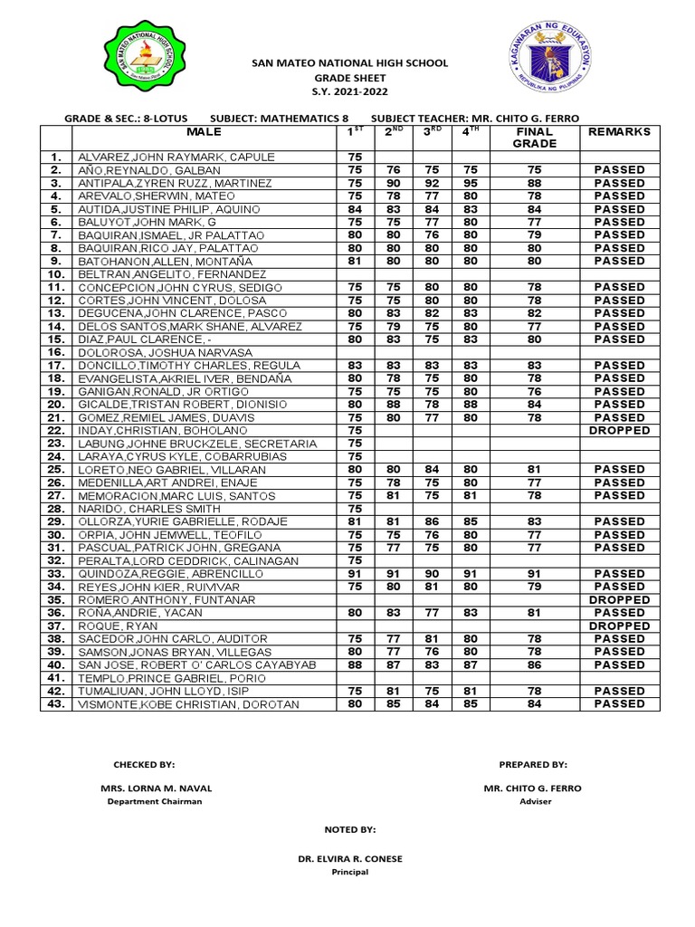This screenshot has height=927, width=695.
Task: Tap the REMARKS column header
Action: (620, 132)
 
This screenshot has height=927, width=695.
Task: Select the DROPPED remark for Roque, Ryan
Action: (620, 626)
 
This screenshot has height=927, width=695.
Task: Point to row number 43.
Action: (55, 704)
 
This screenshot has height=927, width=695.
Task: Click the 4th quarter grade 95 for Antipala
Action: (470, 183)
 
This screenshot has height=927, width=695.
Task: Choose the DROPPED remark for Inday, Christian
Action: (620, 430)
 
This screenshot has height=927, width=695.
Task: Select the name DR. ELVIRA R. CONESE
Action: (350, 858)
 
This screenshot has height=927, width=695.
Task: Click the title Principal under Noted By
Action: (350, 872)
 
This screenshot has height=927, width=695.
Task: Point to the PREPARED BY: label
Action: (532, 764)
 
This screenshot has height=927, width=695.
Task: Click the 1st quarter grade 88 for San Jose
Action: (355, 665)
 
